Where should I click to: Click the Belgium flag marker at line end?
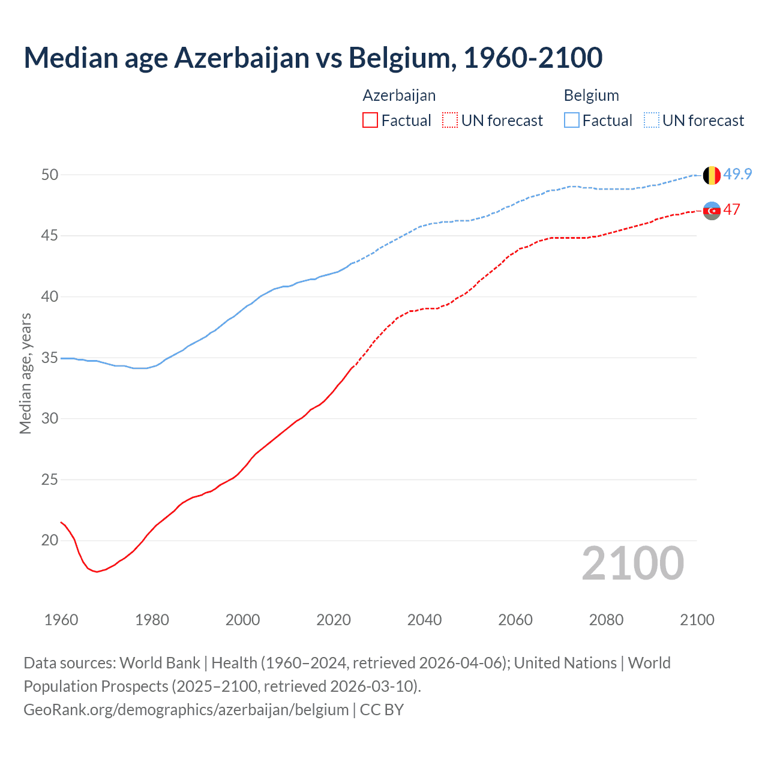click(x=712, y=175)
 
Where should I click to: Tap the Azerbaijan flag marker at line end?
click(x=712, y=211)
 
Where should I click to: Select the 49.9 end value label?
click(x=737, y=174)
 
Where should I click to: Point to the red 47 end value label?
click(x=731, y=209)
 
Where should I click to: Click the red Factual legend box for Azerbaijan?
click(x=370, y=121)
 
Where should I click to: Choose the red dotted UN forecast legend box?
click(x=450, y=121)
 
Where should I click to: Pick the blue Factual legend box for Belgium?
click(x=572, y=121)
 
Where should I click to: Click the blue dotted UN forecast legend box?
click(x=652, y=121)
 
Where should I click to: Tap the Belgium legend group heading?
click(x=591, y=95)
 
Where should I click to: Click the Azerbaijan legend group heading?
click(x=399, y=95)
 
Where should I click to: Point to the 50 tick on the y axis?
click(x=50, y=175)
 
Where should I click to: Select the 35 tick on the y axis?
click(x=50, y=358)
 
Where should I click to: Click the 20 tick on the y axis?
click(x=50, y=540)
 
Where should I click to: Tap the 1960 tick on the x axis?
click(x=61, y=620)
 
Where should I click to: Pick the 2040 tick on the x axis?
click(x=424, y=620)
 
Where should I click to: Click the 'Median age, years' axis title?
click(x=25, y=373)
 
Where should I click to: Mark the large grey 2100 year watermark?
click(x=632, y=563)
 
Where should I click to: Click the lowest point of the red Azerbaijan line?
click(x=96, y=572)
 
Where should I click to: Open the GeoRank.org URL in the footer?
click(x=186, y=710)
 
